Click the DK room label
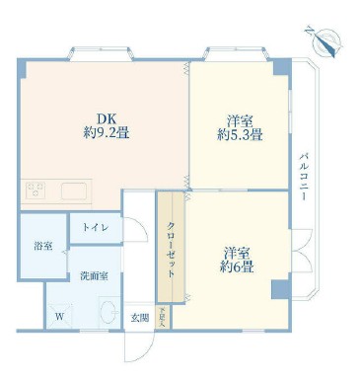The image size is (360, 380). point(105,114)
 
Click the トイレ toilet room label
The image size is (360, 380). point(96,228)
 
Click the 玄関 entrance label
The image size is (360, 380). point(140,318)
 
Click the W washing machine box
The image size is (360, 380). point(58,316)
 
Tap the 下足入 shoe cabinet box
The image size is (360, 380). point(164,317)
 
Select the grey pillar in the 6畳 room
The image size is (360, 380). point(279,289)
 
